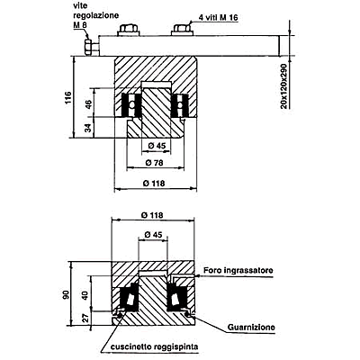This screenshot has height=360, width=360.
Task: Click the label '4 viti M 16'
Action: coord(218,18)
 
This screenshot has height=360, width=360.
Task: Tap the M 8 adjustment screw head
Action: coord(88,47)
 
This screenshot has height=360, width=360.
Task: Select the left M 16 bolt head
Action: coord(129,30)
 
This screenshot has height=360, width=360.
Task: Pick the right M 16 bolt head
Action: coord(183,30)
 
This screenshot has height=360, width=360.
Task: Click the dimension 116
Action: coord(68,97)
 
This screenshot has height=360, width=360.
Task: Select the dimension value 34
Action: coord(87,128)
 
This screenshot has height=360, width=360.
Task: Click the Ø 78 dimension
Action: coord(154,163)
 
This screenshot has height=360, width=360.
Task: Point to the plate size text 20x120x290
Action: coord(284,85)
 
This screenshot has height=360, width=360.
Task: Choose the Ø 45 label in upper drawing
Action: coord(157,146)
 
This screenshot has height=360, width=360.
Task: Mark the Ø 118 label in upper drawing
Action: coord(154,183)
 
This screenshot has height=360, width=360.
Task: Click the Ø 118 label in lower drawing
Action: coord(152,215)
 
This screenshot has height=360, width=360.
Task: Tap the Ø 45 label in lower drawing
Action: coord(153,235)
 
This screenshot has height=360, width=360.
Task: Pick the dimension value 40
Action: coord(85,295)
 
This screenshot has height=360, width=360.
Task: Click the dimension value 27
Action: coord(85,318)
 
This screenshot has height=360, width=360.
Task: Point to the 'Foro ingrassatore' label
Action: coord(238,270)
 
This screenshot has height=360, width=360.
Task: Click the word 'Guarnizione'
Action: coord(251,327)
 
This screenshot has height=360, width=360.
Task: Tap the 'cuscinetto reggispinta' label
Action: coord(154,347)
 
